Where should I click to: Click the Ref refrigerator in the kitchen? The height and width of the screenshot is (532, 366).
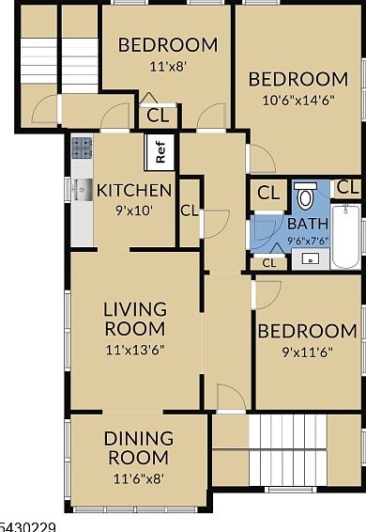(x=159, y=152)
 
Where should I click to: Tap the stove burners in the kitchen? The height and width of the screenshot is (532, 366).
(x=82, y=148)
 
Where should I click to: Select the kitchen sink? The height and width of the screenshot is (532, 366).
(x=82, y=190)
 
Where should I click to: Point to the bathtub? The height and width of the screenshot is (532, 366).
(x=345, y=236)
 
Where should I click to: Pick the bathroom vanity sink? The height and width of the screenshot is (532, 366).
(x=311, y=259)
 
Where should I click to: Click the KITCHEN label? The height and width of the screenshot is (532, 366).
(x=134, y=191)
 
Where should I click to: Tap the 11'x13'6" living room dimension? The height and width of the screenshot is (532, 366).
(x=135, y=350)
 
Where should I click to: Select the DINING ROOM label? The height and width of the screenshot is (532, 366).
(x=139, y=447)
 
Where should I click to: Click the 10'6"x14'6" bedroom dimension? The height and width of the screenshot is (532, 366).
(x=298, y=100)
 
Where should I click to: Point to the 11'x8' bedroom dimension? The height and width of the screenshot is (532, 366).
(x=168, y=66)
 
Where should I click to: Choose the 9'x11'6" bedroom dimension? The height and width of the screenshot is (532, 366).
(x=308, y=352)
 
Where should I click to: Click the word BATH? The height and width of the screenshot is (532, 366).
(x=308, y=224)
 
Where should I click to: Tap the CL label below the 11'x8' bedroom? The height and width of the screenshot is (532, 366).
(x=158, y=116)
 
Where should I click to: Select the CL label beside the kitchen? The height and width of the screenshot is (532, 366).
(x=190, y=211)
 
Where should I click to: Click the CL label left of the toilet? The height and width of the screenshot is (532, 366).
(x=268, y=193)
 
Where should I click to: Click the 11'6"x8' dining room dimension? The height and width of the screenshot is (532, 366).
(x=139, y=479)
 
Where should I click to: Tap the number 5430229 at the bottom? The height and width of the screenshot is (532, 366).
(x=27, y=527)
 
